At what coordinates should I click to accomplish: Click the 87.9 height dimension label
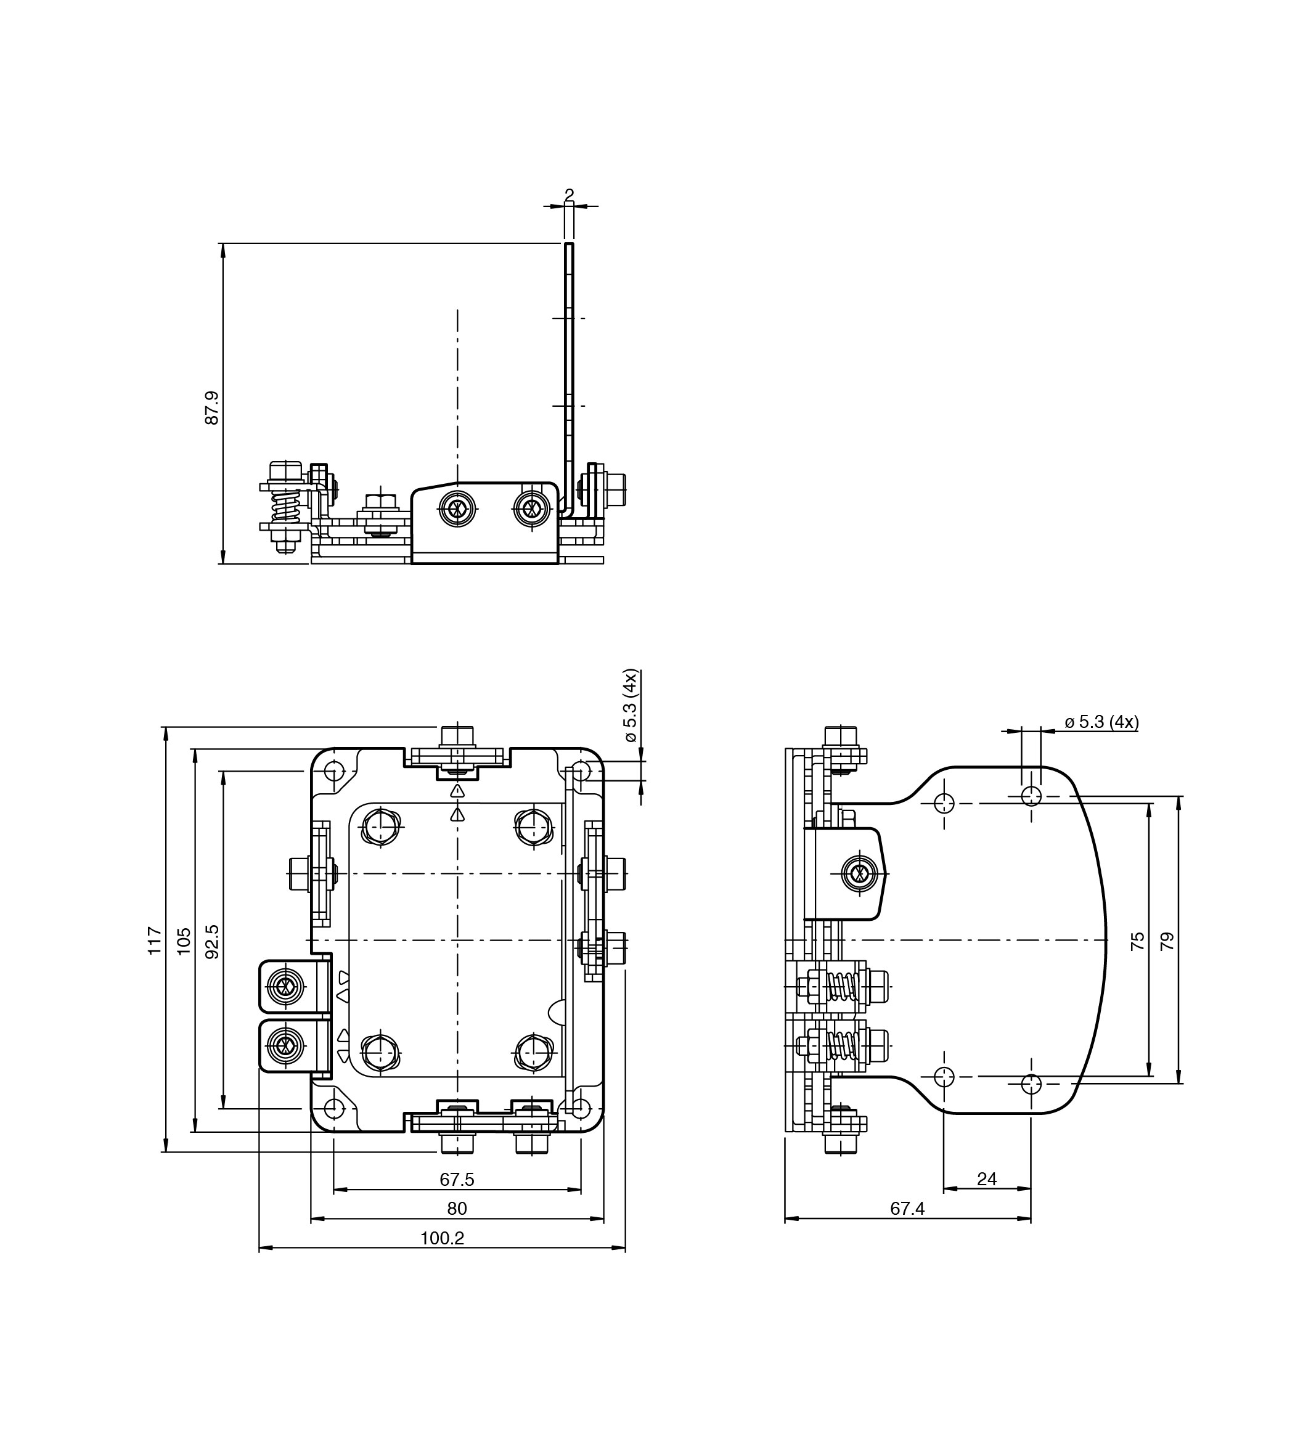(x=211, y=408)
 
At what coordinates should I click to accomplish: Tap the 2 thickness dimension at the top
(x=569, y=194)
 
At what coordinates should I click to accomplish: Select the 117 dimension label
(x=153, y=941)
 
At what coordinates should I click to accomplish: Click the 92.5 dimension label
(x=211, y=941)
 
